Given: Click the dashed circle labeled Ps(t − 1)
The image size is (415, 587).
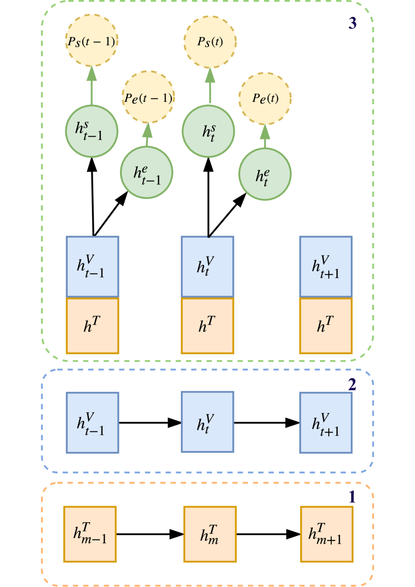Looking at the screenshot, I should point(91,41).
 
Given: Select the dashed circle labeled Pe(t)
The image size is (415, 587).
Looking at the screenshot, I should point(265,99).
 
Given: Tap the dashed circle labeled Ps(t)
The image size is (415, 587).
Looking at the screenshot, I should point(210,41).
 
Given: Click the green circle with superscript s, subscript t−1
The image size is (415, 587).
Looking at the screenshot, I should point(91,131).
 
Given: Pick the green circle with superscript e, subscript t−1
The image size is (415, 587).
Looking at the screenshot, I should point(147,172).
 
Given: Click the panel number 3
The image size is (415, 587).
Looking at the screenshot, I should point(352,24).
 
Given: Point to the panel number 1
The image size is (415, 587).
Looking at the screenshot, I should point(352,497).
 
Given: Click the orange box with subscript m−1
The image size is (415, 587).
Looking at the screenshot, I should point(90,534).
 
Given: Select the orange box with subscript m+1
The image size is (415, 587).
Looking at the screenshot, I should point(326,534).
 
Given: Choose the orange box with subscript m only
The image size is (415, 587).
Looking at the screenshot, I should point(210,534).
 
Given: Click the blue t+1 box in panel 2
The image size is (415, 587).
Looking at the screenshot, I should point(326,422).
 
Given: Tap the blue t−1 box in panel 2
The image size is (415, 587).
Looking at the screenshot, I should point(92,422).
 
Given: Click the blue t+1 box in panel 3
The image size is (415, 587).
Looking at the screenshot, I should point(326,266).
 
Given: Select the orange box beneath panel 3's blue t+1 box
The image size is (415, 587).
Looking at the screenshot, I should point(326,326).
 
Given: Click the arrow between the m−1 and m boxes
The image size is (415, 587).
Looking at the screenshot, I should point(150,534).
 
